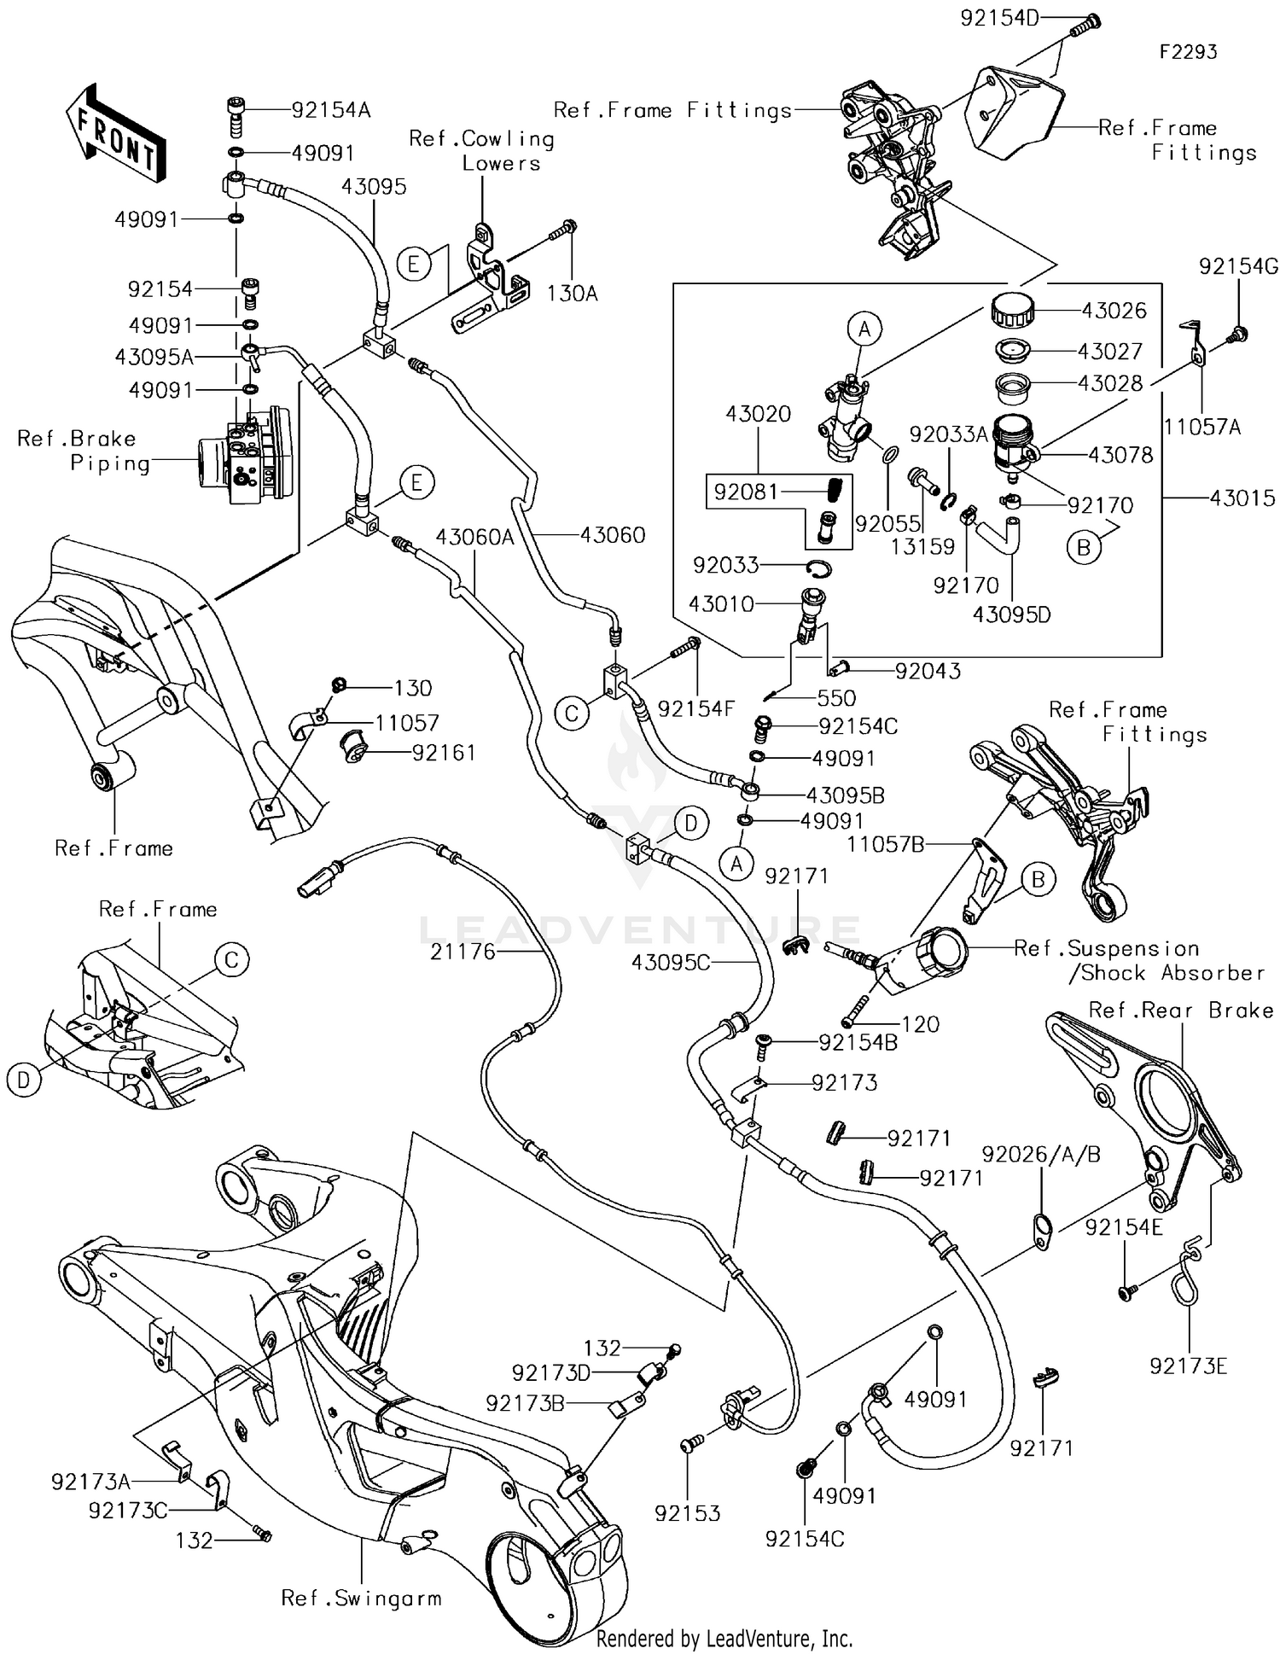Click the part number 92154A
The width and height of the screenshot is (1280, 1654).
330,110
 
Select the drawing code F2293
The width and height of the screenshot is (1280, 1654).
1188,52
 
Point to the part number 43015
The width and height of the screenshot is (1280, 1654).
1242,498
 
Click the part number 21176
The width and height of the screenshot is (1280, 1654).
463,952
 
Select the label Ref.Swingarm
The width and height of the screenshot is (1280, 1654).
362,1598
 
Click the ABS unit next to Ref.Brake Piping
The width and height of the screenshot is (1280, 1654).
244,459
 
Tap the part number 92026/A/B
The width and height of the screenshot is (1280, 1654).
1041,1155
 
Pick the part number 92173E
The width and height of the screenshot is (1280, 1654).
1188,1366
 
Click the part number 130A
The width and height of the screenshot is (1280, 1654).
572,294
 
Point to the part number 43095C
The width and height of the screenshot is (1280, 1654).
671,963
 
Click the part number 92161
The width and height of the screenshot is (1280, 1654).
444,753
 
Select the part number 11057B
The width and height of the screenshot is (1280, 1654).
886,844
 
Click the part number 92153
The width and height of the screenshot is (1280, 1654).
688,1513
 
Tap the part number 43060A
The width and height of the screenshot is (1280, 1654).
474,536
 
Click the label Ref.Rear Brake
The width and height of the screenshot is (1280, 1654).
1181,1010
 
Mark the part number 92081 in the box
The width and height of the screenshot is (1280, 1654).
746,492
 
